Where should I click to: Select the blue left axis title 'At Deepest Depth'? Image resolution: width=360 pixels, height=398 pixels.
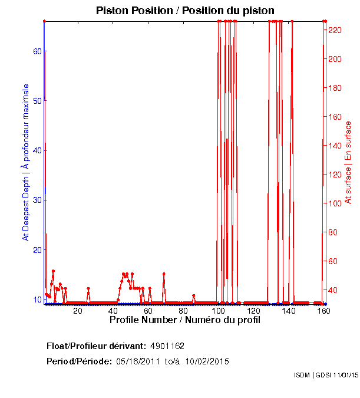click(x=26, y=162)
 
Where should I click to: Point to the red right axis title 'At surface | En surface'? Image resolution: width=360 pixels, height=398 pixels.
click(x=348, y=163)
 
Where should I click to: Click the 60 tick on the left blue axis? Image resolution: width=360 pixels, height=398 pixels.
click(x=37, y=51)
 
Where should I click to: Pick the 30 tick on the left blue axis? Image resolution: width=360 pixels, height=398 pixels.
click(x=37, y=200)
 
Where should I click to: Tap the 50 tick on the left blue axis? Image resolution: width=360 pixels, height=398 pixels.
click(x=37, y=101)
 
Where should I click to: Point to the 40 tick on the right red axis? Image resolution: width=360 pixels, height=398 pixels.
click(x=333, y=290)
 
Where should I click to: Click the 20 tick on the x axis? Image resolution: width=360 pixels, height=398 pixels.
click(x=78, y=310)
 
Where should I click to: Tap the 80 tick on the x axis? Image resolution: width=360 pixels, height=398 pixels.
click(x=183, y=310)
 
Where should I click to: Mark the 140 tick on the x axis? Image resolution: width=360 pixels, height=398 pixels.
click(x=289, y=310)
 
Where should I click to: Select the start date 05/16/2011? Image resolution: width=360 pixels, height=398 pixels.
click(x=137, y=361)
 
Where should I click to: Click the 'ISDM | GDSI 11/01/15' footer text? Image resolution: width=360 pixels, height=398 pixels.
click(x=325, y=375)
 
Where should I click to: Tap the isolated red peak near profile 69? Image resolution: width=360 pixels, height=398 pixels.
click(x=164, y=274)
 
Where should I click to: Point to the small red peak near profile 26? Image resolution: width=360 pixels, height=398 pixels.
click(x=88, y=289)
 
